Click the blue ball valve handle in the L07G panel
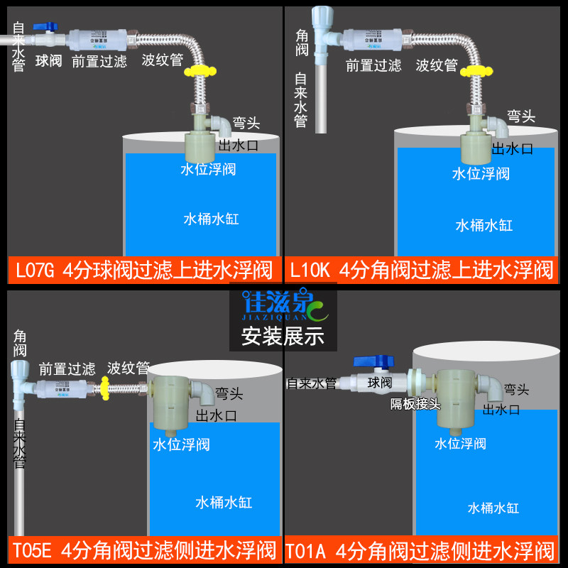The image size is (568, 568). click(x=48, y=26)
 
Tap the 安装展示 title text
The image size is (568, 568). click(x=283, y=336)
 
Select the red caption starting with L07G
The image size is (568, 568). click(x=144, y=270)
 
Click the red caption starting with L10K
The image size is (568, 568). click(x=422, y=270)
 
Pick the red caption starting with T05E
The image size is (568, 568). click(x=144, y=550)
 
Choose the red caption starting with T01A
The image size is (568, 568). click(x=422, y=550)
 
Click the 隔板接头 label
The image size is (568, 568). click(x=415, y=404)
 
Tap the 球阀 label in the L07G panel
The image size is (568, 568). click(x=49, y=61)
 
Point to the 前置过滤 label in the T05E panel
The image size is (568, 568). click(x=67, y=369)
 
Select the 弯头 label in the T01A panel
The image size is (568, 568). click(x=516, y=389)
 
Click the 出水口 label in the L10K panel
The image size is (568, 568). click(x=513, y=148)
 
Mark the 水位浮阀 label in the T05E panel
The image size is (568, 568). click(x=181, y=444)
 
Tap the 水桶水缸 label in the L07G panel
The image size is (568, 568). click(x=211, y=219)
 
